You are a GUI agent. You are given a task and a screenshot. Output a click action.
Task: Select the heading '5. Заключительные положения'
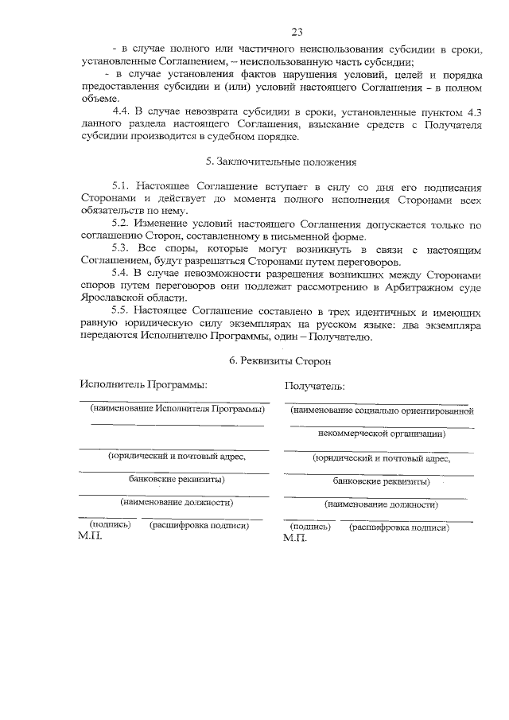click(x=276, y=162)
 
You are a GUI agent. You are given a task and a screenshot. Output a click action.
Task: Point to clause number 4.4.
click(x=124, y=110)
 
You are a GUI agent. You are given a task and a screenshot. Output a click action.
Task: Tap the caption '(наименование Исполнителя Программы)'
click(x=176, y=408)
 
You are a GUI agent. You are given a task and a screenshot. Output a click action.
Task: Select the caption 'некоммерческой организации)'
click(x=381, y=434)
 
